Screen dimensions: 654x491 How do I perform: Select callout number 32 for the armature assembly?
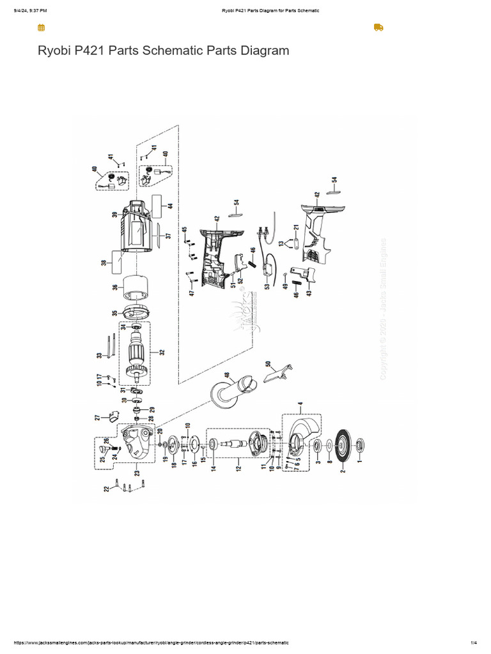pyautogui.click(x=162, y=352)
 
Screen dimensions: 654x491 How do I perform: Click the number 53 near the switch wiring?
pyautogui.click(x=267, y=285)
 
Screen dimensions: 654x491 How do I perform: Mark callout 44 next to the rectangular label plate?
pyautogui.click(x=170, y=206)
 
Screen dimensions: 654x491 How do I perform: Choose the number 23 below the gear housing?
pyautogui.click(x=137, y=473)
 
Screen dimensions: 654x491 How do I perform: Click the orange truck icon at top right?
pyautogui.click(x=378, y=27)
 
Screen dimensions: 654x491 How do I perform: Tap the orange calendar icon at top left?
pyautogui.click(x=41, y=27)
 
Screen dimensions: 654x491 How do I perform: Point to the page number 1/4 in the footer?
pyautogui.click(x=474, y=643)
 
